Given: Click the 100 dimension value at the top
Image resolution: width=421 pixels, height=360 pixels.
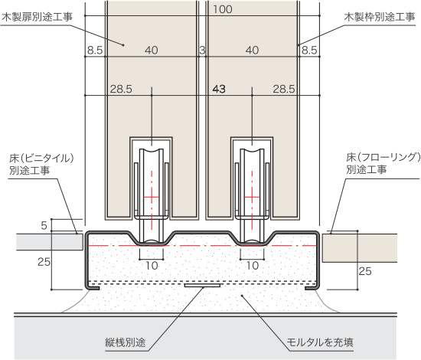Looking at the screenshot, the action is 223,9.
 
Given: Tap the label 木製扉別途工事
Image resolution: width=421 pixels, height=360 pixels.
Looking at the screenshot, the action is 37,18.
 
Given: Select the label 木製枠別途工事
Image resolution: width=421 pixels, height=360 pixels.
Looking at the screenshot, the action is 380,18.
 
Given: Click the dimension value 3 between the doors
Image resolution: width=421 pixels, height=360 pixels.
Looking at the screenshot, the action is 202,51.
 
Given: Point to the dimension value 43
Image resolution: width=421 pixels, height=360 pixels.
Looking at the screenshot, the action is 219,89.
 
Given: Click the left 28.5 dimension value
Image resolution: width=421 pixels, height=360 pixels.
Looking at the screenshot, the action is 121,89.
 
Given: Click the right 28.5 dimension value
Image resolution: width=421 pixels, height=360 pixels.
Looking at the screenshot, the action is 284,89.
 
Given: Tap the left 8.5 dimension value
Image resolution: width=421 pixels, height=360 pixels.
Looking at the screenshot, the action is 95,51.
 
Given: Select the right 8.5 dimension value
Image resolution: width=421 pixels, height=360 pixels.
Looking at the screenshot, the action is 309,51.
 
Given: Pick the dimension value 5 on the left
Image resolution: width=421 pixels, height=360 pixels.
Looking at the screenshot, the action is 44,225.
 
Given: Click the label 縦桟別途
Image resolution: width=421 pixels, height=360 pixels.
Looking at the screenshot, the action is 126,342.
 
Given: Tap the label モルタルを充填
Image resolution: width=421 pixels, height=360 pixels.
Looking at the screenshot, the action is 320,342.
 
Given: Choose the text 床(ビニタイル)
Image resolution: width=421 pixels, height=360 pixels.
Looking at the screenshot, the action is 41,159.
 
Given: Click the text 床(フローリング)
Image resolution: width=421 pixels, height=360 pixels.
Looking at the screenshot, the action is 383,158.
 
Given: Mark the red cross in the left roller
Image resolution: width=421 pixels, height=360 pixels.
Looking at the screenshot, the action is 152,198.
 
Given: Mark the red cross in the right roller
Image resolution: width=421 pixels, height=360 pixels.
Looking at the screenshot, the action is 252,198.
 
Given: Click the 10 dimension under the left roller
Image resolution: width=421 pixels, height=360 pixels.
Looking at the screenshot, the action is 152,266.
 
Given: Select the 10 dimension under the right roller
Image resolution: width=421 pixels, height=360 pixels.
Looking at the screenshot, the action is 253,266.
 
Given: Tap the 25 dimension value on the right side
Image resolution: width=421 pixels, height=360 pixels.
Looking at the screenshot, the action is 365,271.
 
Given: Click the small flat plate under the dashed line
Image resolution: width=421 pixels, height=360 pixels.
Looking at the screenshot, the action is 202,285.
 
